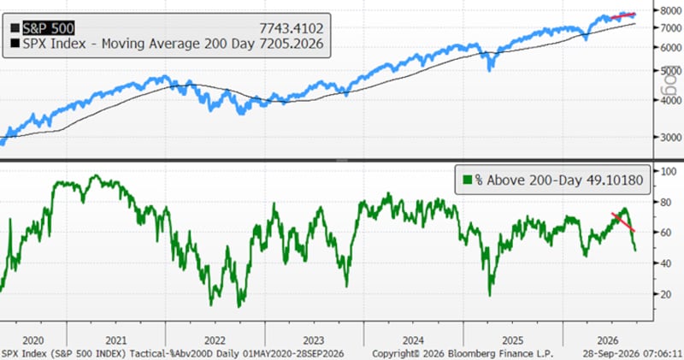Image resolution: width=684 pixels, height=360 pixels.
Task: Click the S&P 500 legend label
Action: (x=49, y=28)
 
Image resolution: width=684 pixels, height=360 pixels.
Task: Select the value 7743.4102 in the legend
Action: (x=292, y=29)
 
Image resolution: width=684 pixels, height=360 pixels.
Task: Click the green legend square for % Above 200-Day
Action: (x=468, y=180)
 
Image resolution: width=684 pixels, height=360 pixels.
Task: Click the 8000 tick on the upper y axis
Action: (x=671, y=10)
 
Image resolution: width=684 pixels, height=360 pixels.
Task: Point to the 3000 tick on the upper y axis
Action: (x=671, y=137)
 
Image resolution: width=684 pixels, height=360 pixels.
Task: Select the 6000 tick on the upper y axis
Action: (x=671, y=48)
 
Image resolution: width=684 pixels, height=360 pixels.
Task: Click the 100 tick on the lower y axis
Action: (x=669, y=171)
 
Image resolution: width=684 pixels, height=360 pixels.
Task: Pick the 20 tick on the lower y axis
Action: (x=666, y=294)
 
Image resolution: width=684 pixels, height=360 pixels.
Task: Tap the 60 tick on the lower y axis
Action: (x=666, y=233)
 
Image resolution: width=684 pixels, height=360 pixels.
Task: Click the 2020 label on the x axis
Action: (x=33, y=340)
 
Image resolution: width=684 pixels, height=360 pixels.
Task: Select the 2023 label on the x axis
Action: (x=314, y=340)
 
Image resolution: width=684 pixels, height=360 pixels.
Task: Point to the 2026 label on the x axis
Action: (x=608, y=340)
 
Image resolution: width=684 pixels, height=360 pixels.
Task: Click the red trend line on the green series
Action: (x=623, y=222)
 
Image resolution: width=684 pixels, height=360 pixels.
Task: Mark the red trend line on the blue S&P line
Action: (x=623, y=16)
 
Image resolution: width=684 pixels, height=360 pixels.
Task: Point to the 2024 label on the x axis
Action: (x=413, y=340)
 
